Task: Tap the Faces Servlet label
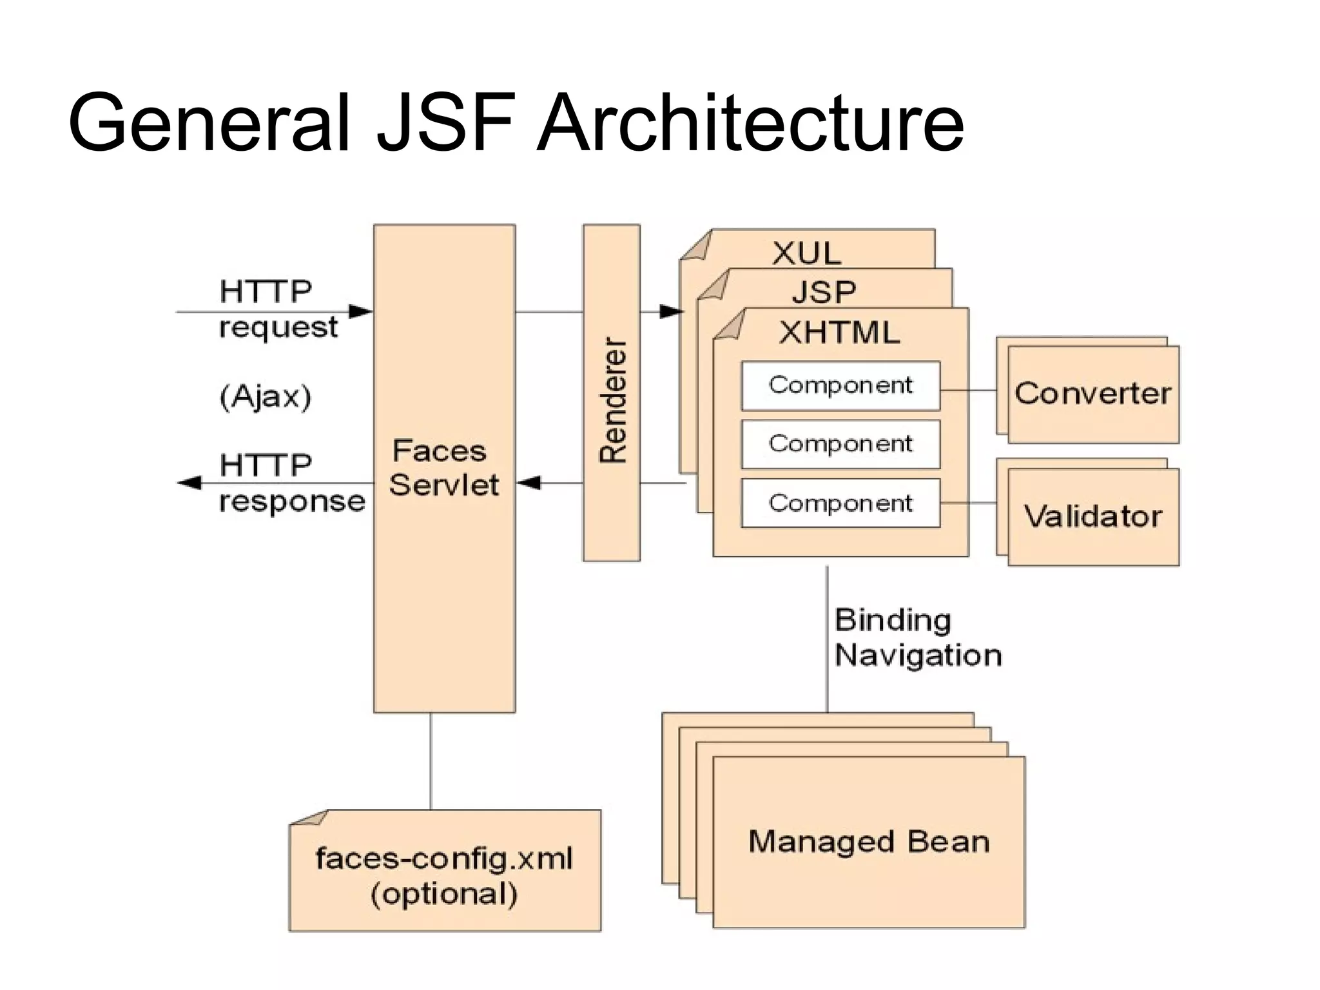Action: pyautogui.click(x=443, y=468)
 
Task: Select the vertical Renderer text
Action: pyautogui.click(x=612, y=400)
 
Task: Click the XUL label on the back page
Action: pyautogui.click(x=806, y=253)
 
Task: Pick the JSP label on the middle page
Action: pyautogui.click(x=824, y=293)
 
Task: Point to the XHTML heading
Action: pyautogui.click(x=839, y=333)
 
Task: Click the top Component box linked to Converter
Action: pyautogui.click(x=840, y=385)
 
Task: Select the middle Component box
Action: pyautogui.click(x=840, y=444)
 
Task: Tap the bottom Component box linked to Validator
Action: pyautogui.click(x=840, y=503)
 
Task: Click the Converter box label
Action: pyautogui.click(x=1092, y=394)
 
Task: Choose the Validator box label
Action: pyautogui.click(x=1092, y=516)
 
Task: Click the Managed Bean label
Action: pyautogui.click(x=868, y=842)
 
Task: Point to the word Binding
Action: pyautogui.click(x=893, y=620)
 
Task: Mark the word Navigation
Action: pyautogui.click(x=918, y=655)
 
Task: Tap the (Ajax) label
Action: pyautogui.click(x=266, y=396)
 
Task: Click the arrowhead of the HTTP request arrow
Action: pyautogui.click(x=362, y=312)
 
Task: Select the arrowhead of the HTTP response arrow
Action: pyautogui.click(x=189, y=483)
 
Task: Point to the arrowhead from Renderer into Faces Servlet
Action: pyautogui.click(x=529, y=483)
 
